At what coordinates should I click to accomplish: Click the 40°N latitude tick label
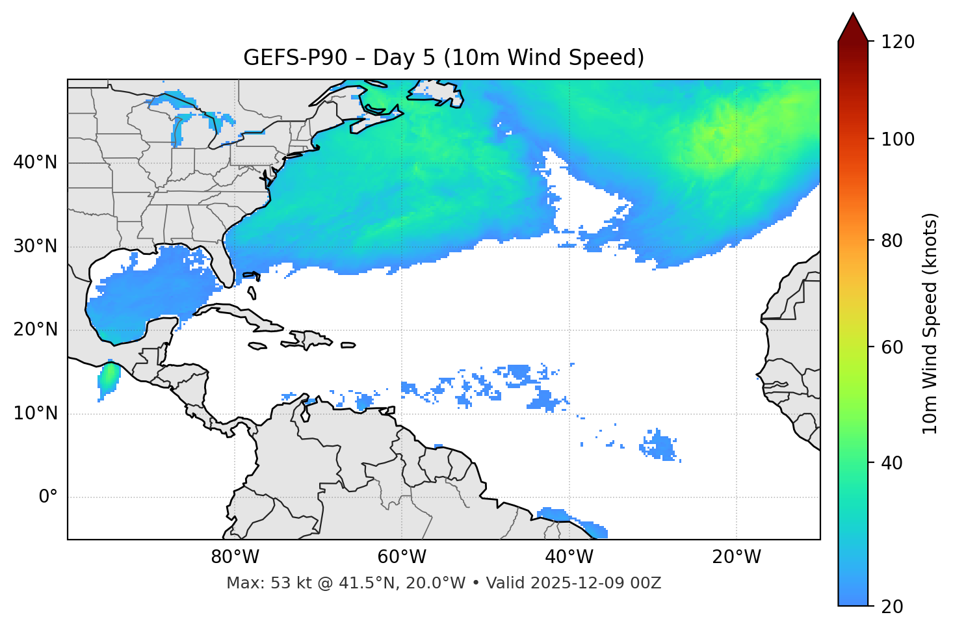[x=35, y=163]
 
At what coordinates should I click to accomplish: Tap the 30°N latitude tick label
[x=35, y=246]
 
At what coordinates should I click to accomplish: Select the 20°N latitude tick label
[x=35, y=330]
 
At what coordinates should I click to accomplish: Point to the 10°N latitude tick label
[x=35, y=413]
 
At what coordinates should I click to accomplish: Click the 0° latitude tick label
[x=48, y=497]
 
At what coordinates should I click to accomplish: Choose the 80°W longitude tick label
[x=235, y=557]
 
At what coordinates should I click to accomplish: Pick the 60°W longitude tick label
[x=402, y=557]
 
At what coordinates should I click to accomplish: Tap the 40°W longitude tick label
[x=569, y=557]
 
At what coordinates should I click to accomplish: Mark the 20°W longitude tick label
[x=736, y=557]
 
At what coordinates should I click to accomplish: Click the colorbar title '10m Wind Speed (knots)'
[x=930, y=323]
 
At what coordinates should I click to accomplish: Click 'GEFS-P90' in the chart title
[x=287, y=58]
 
